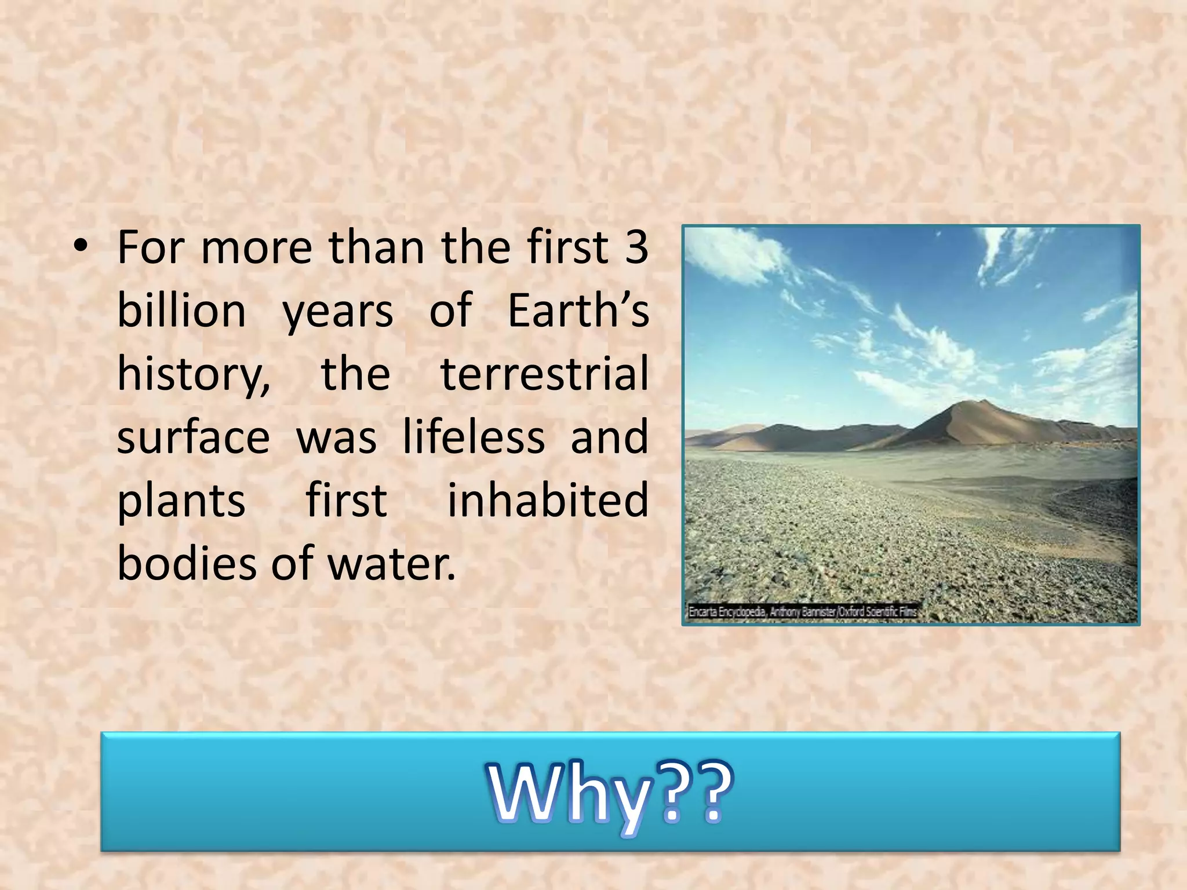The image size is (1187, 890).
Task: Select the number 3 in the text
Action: click(x=636, y=247)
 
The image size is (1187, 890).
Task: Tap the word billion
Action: click(x=181, y=311)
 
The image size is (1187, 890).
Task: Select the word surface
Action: click(x=194, y=437)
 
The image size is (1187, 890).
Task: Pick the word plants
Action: click(x=181, y=501)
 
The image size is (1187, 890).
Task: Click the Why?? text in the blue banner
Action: click(x=610, y=793)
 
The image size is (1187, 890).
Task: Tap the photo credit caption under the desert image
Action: click(x=802, y=611)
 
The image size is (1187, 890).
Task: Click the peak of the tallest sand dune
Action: click(x=984, y=401)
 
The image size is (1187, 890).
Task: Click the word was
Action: click(x=336, y=438)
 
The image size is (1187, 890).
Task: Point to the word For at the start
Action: click(x=151, y=247)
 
